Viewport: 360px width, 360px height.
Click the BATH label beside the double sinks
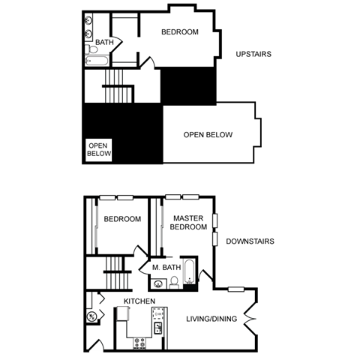[x=104, y=43]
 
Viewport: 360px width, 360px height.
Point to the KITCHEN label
[x=139, y=301]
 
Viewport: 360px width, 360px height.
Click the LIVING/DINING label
[x=211, y=319]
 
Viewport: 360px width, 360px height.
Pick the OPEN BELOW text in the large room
[x=208, y=135]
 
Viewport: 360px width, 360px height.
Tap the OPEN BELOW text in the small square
[x=99, y=150]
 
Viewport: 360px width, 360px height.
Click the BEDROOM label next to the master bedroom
[x=122, y=219]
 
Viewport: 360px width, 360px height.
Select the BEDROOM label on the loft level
[x=181, y=31]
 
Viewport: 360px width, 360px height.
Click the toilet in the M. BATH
[x=173, y=282]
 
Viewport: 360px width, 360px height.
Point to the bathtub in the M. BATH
[x=190, y=271]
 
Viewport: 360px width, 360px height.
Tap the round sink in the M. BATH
[x=157, y=283]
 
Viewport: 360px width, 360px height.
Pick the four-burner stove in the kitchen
[x=139, y=343]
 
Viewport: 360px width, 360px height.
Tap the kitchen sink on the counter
[x=158, y=328]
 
